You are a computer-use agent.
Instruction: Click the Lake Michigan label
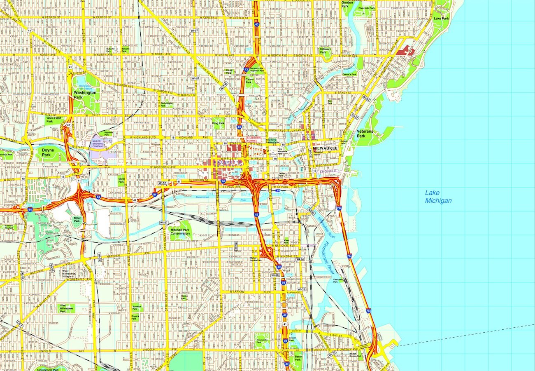click(438, 197)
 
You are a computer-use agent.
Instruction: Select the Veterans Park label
click(361, 134)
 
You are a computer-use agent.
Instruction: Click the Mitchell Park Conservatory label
click(180, 231)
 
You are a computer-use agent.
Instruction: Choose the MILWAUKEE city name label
click(325, 148)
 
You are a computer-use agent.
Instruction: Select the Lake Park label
click(441, 19)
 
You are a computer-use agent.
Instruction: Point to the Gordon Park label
click(347, 5)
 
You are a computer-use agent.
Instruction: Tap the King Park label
click(218, 123)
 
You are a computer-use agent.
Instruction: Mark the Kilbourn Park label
click(326, 51)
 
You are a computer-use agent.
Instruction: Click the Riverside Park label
click(366, 8)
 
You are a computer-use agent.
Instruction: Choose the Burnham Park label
click(137, 307)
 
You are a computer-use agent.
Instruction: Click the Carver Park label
click(249, 80)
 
